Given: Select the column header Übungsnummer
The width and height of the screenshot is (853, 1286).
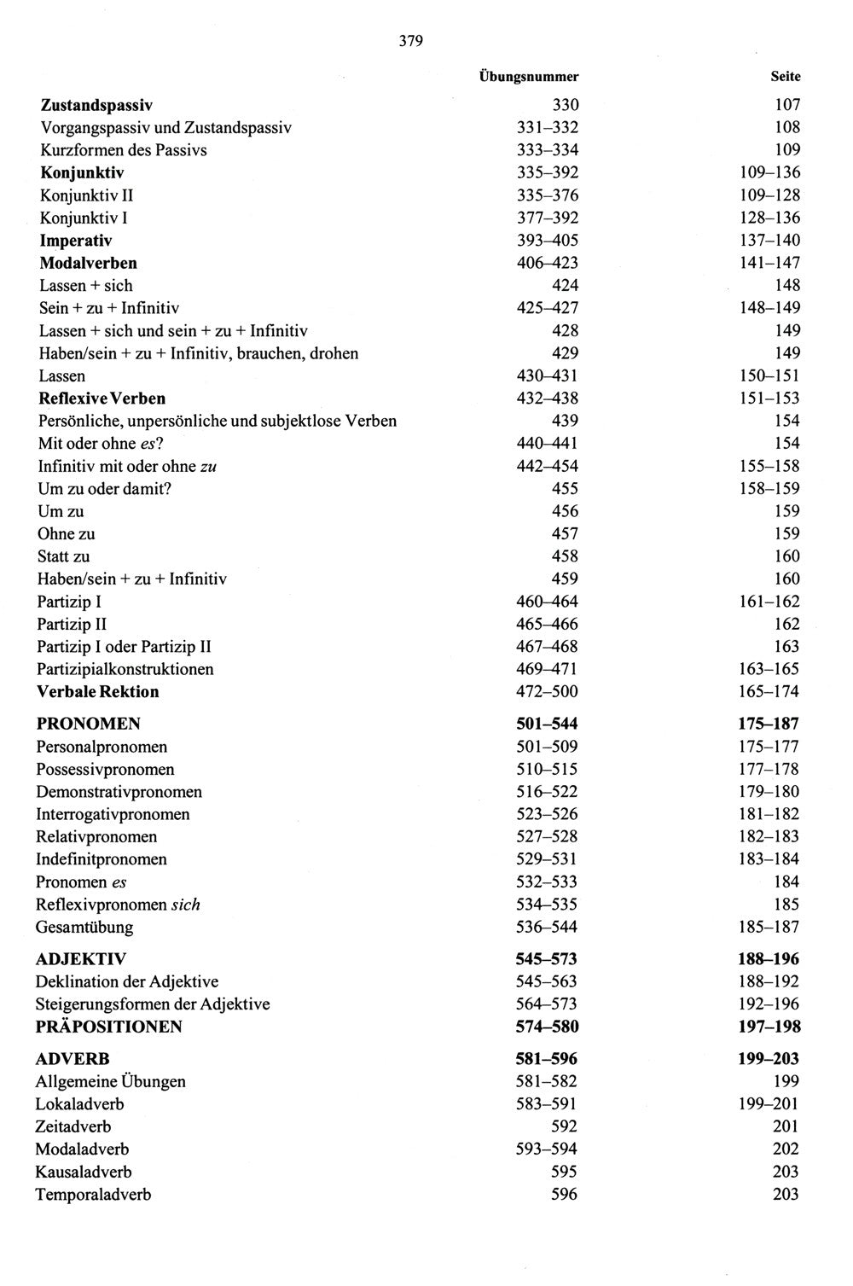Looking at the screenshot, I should point(528,77).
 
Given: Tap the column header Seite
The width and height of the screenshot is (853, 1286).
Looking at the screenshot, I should point(785,77).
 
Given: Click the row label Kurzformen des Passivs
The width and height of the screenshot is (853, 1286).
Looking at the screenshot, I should point(124,150).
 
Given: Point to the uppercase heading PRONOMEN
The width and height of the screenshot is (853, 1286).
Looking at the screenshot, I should point(89,724).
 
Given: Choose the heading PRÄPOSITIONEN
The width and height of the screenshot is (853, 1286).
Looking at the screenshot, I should point(109,1027).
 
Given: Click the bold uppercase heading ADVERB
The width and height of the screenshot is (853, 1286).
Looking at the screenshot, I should point(73,1059).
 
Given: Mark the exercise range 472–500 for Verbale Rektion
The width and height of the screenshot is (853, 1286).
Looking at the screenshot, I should point(547,692).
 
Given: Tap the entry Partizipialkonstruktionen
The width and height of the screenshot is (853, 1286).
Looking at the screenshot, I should point(125,669).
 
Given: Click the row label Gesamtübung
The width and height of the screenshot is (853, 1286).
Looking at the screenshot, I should point(84,927).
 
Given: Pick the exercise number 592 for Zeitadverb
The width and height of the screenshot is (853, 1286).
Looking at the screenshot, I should point(564,1126).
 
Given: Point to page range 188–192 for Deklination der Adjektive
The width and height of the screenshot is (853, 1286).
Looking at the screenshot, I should point(769,981).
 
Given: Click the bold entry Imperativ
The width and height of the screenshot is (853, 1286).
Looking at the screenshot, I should point(76,241).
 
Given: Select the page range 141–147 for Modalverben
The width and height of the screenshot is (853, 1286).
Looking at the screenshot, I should point(769,263).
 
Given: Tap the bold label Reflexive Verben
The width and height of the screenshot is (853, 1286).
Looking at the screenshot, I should point(102,399).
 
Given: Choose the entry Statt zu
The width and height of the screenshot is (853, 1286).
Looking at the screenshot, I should point(64,556).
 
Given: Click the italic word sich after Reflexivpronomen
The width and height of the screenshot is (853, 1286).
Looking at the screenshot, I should point(185,905).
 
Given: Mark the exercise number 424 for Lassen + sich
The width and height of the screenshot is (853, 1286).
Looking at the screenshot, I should point(565,286).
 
